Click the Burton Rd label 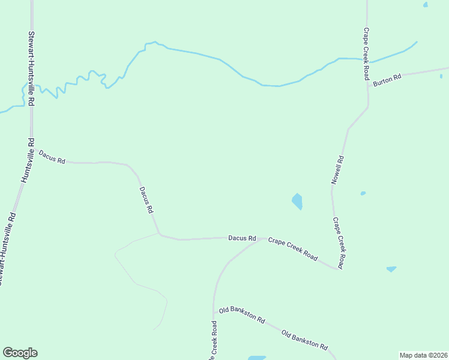point(387,80)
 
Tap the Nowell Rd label point(338,170)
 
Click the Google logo point(20,353)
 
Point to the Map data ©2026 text point(423,355)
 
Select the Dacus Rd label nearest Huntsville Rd point(52,157)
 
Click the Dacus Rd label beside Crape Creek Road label point(242,238)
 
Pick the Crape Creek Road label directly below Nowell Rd point(339,242)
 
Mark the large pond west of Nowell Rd point(297,201)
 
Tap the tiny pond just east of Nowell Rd point(363,193)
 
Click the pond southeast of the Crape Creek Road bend point(391,269)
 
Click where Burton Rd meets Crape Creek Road point(368,83)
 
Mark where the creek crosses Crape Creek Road point(367,61)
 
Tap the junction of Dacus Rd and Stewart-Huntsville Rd point(32,147)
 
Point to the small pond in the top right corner point(426,5)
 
